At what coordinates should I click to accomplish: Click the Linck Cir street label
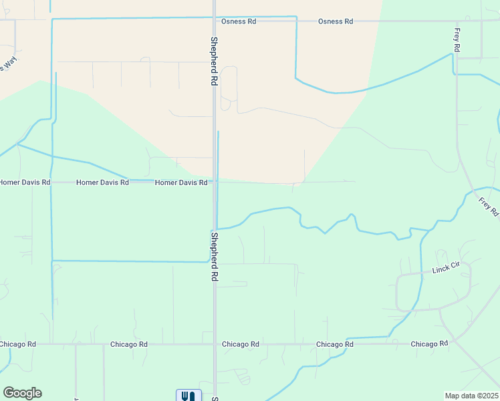[x=447, y=267]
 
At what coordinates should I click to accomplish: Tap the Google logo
[x=22, y=393]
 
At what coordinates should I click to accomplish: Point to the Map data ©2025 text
[x=471, y=396]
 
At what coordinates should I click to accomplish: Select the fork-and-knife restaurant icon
[x=189, y=396]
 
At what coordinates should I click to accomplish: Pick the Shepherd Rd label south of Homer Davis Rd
[x=215, y=255]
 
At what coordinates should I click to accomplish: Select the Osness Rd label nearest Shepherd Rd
[x=239, y=21]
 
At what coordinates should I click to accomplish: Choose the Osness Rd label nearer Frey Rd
[x=336, y=21]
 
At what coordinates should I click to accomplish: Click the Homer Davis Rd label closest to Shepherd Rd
[x=181, y=182]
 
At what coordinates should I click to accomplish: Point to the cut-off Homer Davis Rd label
[x=25, y=182]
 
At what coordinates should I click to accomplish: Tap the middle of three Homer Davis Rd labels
[x=102, y=182]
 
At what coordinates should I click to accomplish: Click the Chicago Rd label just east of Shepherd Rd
[x=241, y=344]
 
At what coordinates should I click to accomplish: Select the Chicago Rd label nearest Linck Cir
[x=429, y=344]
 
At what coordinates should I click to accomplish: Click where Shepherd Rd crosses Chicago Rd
[x=215, y=344]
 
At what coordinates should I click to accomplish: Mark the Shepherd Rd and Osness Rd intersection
[x=214, y=21]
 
